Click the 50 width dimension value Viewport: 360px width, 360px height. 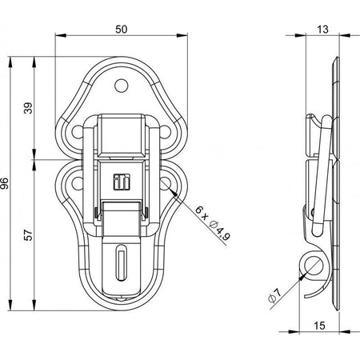click(x=122, y=29)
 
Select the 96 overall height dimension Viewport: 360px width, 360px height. click(x=5, y=183)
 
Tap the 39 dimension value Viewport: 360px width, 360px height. click(x=28, y=108)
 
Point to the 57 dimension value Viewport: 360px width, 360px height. click(x=28, y=234)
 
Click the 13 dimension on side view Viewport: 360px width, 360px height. click(x=322, y=29)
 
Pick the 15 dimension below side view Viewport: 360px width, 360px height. click(x=319, y=326)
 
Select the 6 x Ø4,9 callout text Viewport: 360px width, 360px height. click(x=213, y=223)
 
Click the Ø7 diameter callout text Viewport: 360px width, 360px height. click(x=274, y=295)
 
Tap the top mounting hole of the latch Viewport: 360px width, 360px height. click(x=122, y=86)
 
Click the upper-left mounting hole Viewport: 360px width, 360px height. click(x=78, y=132)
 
